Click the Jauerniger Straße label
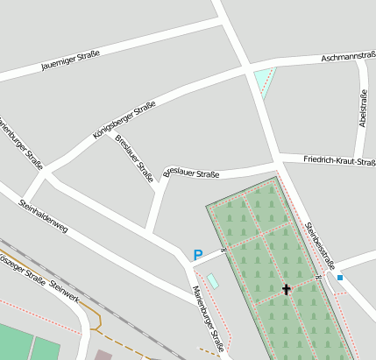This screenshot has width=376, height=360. click(70, 60)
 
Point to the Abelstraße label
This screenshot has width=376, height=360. click(363, 109)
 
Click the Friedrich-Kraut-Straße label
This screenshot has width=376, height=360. click(339, 160)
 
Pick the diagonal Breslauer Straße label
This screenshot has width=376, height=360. click(134, 158)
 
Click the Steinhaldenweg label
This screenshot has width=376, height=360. click(43, 215)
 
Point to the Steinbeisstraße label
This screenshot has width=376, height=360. click(320, 240)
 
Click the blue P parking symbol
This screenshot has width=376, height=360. click(198, 255)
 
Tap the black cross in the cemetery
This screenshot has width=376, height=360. click(286, 288)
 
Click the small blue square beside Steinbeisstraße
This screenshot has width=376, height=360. click(340, 278)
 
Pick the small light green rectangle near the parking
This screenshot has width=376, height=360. click(213, 281)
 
